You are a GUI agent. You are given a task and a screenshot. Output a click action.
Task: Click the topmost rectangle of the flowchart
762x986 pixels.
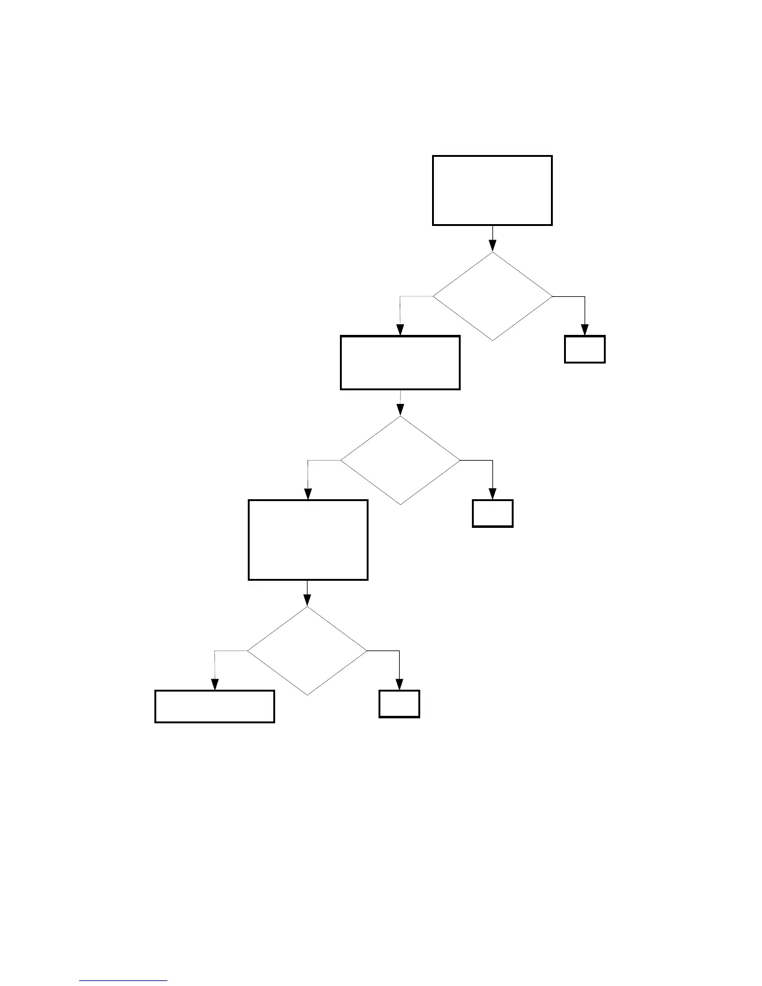pos(492,190)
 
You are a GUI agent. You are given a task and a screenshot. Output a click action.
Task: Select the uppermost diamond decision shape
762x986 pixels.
pos(492,296)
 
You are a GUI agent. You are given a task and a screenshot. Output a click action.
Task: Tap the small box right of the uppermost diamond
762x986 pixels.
pos(585,349)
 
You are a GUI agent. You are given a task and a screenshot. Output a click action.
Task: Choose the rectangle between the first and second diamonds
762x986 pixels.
pos(400,363)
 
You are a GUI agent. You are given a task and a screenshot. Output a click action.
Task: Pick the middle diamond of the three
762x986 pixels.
pos(400,461)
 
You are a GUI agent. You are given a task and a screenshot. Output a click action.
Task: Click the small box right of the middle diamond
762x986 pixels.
pos(492,514)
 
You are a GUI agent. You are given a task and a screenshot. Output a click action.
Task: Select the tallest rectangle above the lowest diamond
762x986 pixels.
pos(308,540)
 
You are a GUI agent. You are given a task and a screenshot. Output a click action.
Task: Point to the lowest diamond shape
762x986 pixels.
pos(308,651)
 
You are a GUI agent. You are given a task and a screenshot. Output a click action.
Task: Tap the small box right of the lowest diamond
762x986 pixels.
pos(399,704)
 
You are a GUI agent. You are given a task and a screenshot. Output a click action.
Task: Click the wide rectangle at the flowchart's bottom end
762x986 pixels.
pos(215,707)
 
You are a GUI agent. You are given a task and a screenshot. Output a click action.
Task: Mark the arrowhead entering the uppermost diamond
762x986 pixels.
pos(492,246)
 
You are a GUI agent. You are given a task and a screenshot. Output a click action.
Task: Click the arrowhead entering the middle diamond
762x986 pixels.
pos(400,410)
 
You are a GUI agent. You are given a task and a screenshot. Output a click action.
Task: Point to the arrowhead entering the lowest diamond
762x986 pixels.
pos(308,601)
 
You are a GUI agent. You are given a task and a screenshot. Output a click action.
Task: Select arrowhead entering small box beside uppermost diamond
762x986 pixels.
pos(585,331)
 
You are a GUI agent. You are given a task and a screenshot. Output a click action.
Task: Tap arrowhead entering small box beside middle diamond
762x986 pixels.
pos(493,494)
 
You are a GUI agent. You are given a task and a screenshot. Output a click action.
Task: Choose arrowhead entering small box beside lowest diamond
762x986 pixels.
pos(399,685)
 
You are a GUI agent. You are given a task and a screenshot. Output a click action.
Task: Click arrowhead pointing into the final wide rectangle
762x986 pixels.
pos(215,685)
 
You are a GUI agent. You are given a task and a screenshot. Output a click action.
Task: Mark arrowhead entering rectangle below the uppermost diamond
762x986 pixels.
pos(400,331)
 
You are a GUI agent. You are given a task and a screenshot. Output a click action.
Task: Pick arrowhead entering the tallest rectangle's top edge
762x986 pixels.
pos(308,494)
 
